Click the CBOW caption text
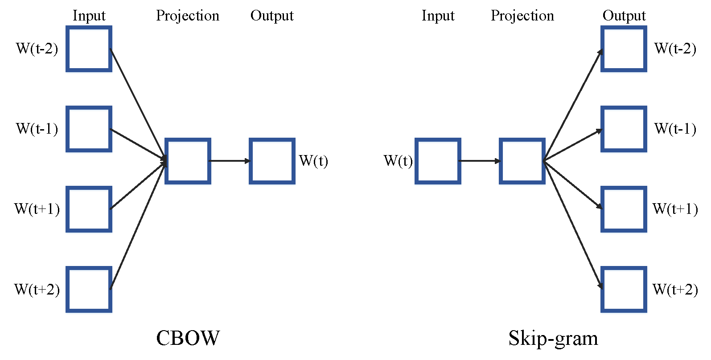click(188, 338)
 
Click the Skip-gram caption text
click(553, 338)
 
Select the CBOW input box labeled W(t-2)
click(89, 49)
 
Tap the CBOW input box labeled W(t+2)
click(89, 289)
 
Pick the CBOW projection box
click(188, 161)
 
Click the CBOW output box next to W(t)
click(272, 161)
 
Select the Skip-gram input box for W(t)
click(438, 161)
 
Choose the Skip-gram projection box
click(522, 161)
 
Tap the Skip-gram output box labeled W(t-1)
click(624, 129)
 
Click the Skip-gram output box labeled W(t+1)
click(624, 209)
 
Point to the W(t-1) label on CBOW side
click(37, 129)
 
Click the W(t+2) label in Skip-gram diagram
click(675, 289)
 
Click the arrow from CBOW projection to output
click(230, 161)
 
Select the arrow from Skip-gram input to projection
click(480, 161)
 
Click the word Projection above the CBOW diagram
click(188, 16)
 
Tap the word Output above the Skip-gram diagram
click(624, 16)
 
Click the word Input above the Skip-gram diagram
click(438, 16)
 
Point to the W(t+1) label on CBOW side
click(37, 209)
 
